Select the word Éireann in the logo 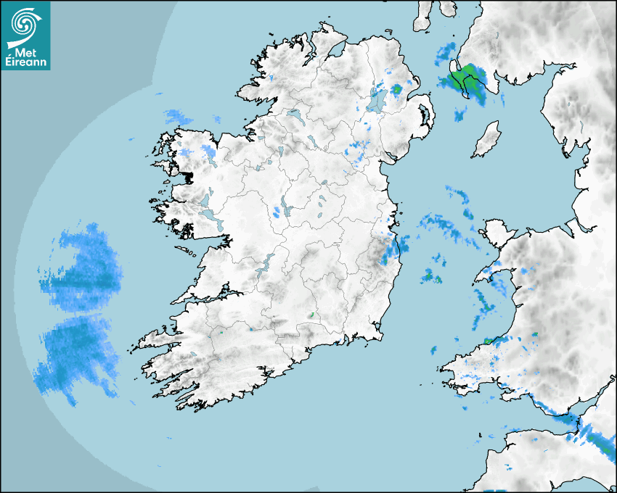pos(25,62)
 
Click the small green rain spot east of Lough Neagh pos(396,90)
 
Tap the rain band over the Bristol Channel pos(573,425)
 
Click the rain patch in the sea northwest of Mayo pos(178,116)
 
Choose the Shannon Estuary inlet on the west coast pos(207,296)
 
